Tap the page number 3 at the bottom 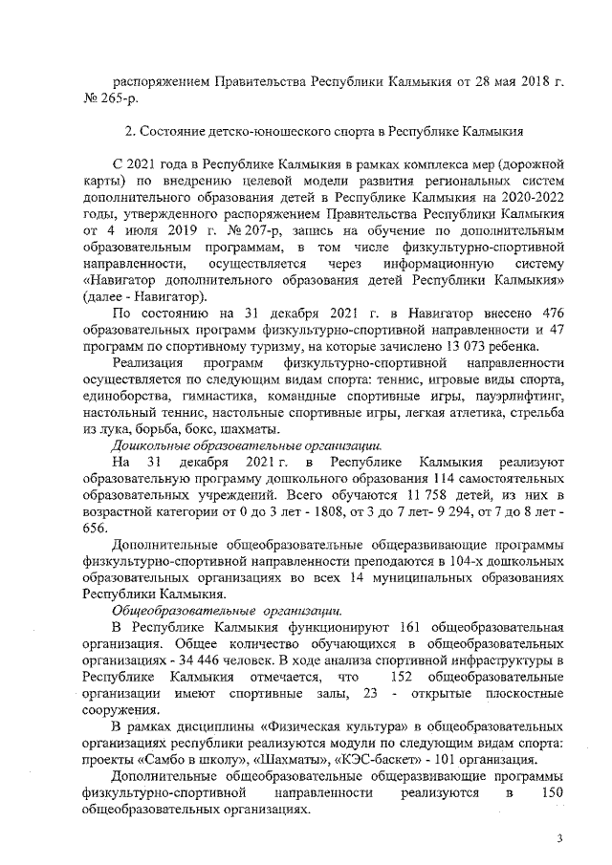(x=561, y=838)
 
